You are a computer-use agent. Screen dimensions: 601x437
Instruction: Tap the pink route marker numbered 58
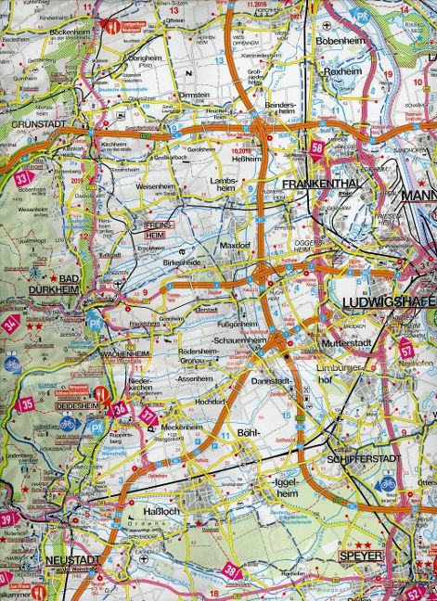(318, 148)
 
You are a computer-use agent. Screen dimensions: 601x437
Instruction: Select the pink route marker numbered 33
(25, 175)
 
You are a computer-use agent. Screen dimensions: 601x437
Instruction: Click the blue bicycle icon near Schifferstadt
(380, 484)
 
